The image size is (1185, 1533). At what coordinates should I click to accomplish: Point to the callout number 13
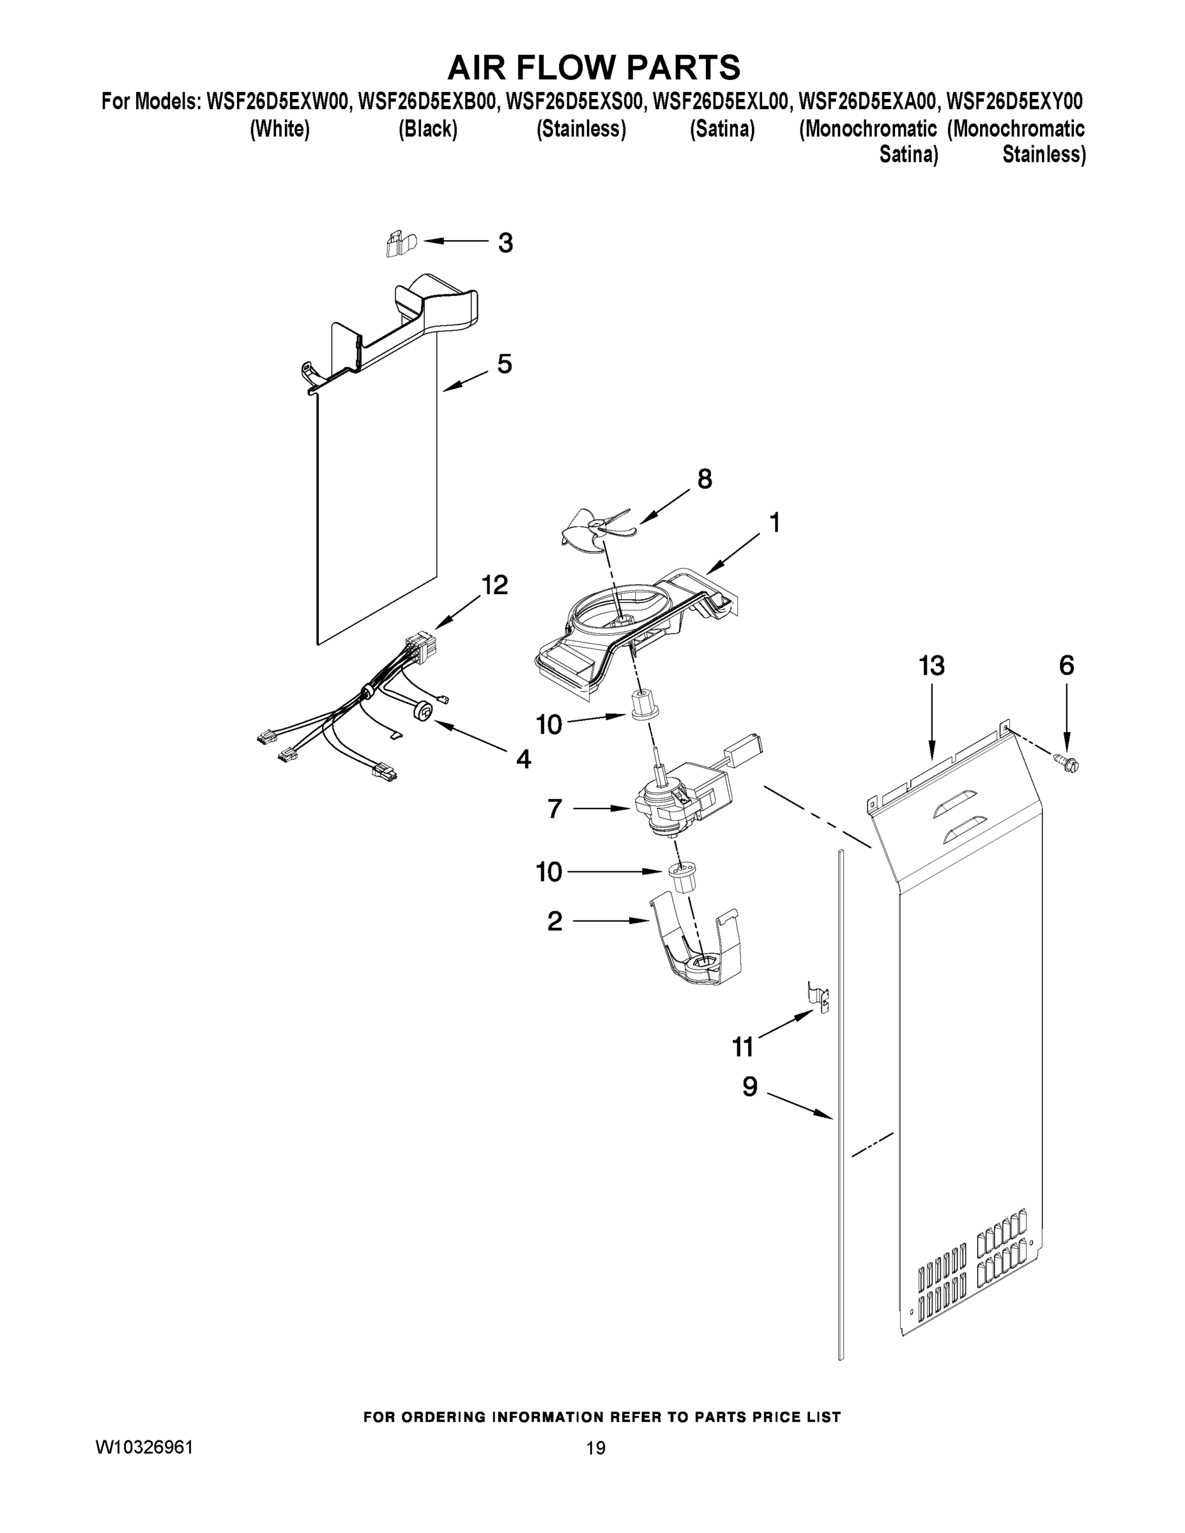(931, 666)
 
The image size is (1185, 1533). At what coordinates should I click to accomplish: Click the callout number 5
(505, 363)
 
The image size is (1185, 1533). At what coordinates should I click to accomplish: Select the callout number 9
(750, 1087)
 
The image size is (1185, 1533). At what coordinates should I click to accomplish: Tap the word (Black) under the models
(427, 129)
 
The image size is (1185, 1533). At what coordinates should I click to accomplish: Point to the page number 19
(595, 1448)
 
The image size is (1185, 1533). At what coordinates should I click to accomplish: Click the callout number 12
(494, 584)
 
